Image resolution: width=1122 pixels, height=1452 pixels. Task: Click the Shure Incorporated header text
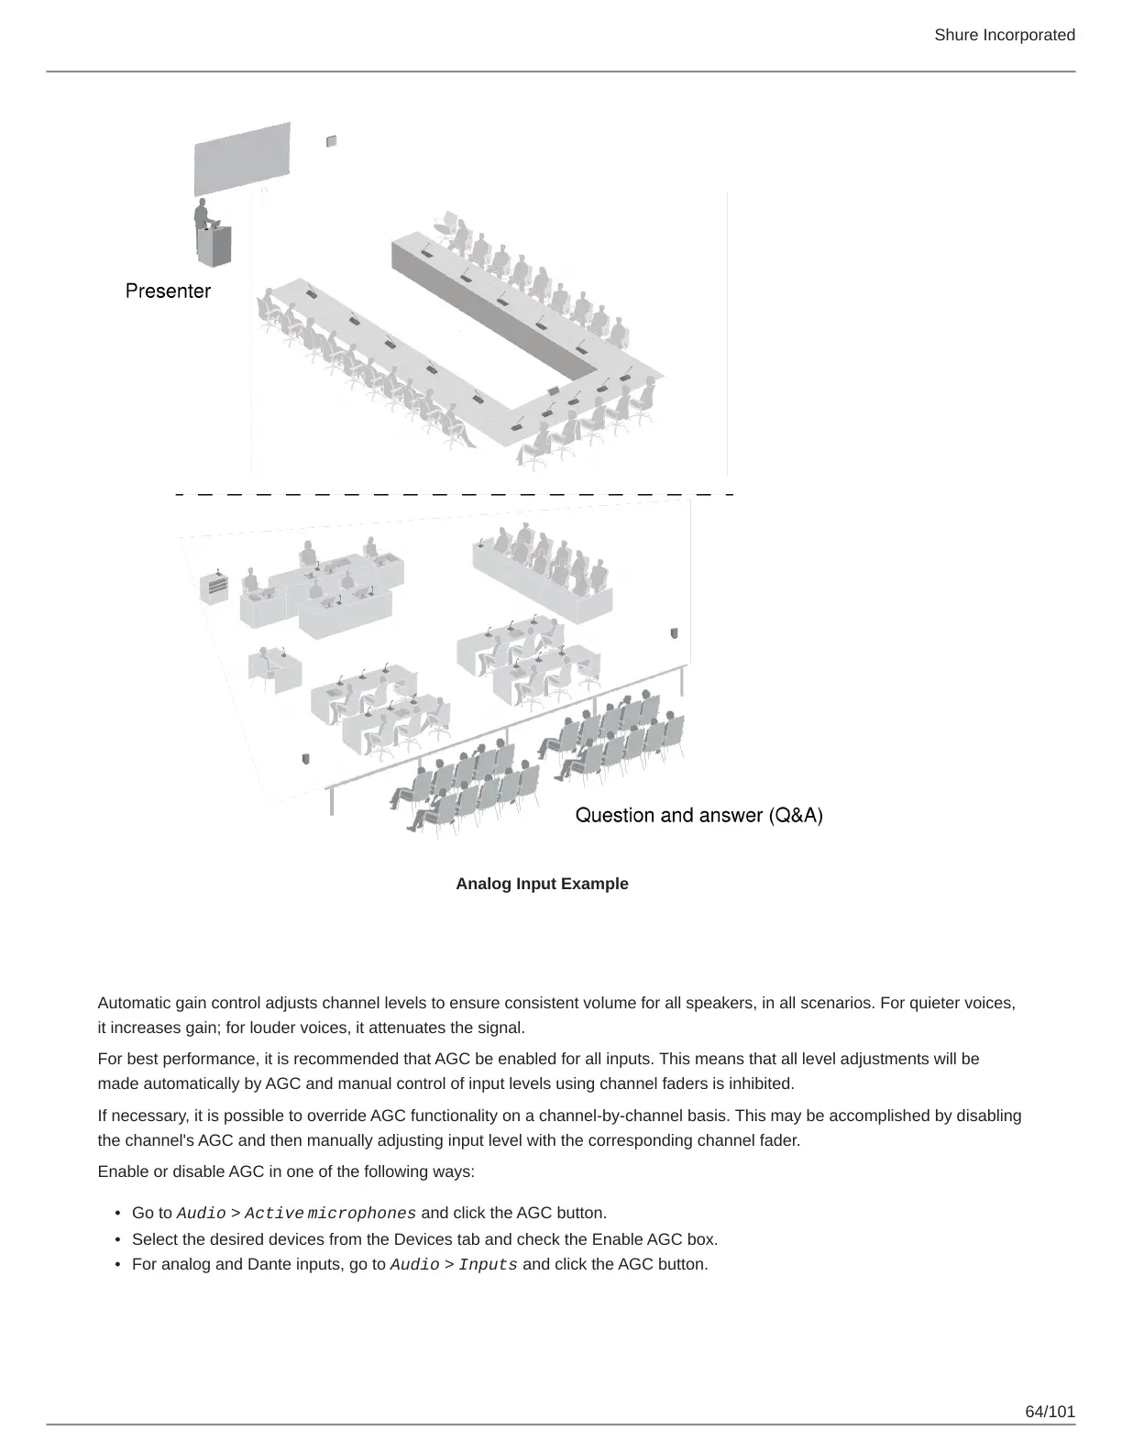coord(1004,35)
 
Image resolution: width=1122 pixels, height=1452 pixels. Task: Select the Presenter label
coord(168,291)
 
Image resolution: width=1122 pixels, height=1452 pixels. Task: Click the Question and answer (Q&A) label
coord(698,815)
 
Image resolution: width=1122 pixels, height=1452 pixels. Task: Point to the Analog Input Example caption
coord(542,884)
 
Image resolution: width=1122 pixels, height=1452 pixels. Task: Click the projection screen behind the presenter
coord(242,157)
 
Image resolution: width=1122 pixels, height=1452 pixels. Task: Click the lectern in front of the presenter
coord(217,245)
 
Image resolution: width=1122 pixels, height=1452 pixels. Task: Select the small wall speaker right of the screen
coord(331,141)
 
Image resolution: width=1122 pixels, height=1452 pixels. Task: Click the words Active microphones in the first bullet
coord(330,1214)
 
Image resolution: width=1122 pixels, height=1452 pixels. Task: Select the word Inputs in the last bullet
coord(488,1265)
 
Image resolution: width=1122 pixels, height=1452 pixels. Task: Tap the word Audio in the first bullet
coord(201,1214)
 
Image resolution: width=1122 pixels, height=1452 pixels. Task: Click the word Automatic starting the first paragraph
coord(133,1003)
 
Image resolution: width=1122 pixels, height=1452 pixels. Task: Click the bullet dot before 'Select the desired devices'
coord(118,1239)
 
